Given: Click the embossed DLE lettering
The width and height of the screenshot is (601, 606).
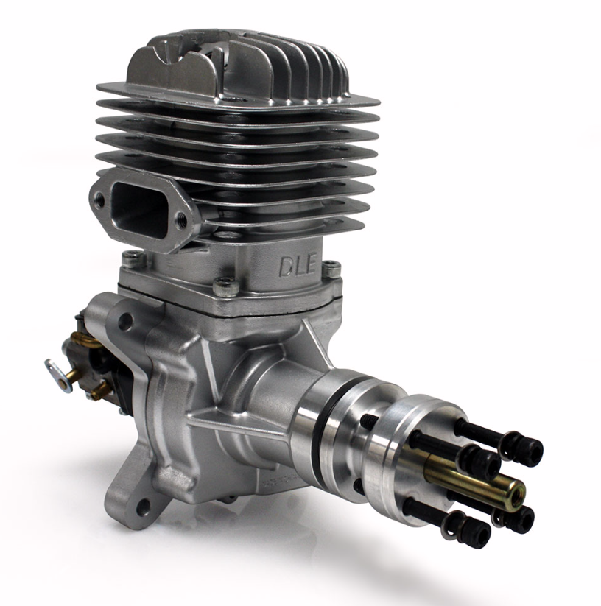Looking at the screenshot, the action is [298, 265].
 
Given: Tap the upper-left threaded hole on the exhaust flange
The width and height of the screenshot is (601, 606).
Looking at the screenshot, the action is [100, 199].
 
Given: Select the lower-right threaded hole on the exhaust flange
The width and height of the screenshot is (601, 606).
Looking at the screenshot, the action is [181, 220].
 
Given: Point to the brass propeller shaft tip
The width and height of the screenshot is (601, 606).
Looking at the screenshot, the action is [516, 493].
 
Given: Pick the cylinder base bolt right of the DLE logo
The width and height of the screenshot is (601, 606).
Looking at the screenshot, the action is [331, 269].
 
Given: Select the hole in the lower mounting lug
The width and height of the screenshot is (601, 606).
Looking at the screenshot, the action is [143, 507].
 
